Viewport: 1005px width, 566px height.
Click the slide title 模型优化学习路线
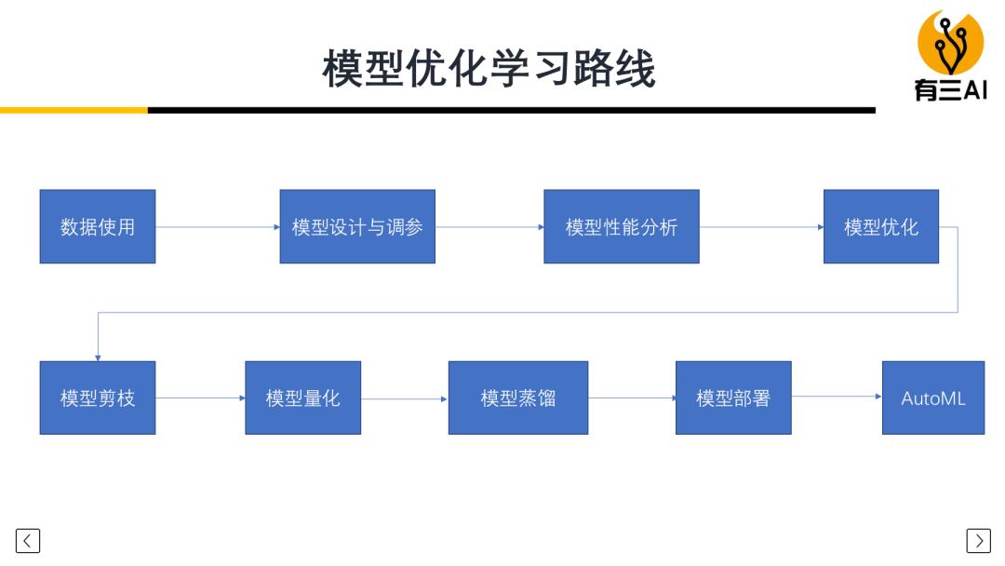[x=489, y=69]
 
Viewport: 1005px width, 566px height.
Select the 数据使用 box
[x=98, y=226]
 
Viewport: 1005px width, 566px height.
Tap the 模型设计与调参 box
[x=357, y=226]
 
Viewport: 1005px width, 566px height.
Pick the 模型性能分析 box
[x=622, y=226]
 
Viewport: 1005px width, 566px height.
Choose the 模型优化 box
[x=880, y=226]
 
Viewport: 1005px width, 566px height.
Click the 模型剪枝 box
[x=98, y=398]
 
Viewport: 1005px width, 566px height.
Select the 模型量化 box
[x=302, y=398]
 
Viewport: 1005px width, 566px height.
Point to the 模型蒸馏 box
[x=518, y=398]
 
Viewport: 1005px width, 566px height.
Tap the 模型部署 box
[x=733, y=398]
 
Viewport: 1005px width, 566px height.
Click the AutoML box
[x=932, y=398]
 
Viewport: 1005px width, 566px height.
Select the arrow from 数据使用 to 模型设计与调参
[x=218, y=226]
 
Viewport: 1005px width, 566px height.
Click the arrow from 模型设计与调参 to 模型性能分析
[x=489, y=226]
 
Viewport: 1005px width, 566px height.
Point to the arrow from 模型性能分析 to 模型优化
[x=761, y=226]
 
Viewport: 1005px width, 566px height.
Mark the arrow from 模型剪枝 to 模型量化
[x=200, y=398]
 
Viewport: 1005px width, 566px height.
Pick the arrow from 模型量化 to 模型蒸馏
[x=405, y=398]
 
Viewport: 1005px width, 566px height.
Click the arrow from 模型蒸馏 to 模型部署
[x=632, y=398]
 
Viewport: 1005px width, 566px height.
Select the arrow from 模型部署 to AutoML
[x=837, y=397]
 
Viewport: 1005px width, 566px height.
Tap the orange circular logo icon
[x=950, y=42]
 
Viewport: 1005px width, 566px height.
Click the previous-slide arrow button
[x=28, y=540]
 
